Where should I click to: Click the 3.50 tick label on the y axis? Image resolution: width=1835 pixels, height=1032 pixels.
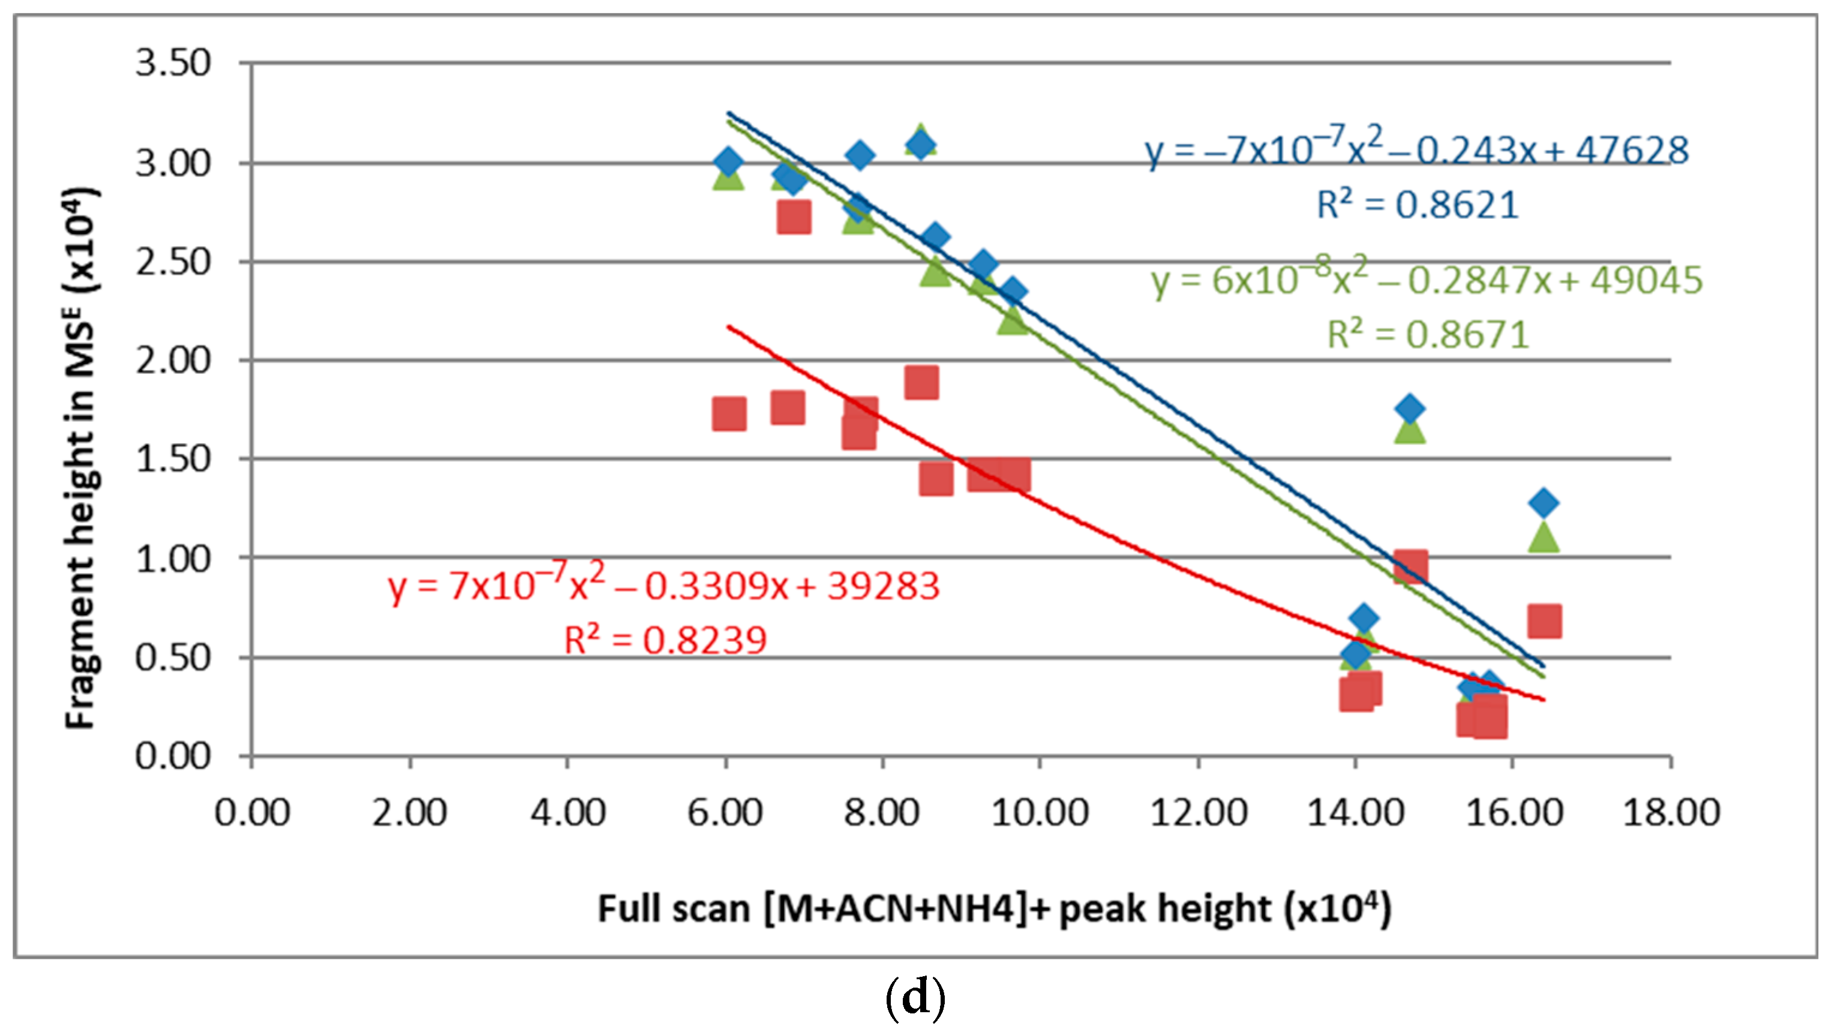click(173, 64)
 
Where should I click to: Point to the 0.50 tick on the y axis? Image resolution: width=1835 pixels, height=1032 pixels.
click(173, 657)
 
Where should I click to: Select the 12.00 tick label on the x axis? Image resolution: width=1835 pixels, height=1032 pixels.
click(1199, 813)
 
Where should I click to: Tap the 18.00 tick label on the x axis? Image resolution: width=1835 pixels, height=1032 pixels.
click(1671, 813)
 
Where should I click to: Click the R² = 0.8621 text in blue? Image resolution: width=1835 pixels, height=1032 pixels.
click(1417, 205)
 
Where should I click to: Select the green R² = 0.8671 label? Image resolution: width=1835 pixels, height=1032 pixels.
click(1428, 335)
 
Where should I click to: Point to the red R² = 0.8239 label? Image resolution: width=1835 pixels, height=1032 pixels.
click(665, 640)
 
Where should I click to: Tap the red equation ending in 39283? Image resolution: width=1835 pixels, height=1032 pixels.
click(664, 586)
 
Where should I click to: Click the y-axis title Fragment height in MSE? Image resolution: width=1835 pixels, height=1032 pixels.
click(82, 458)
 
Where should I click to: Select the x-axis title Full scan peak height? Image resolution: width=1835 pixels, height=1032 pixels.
click(994, 909)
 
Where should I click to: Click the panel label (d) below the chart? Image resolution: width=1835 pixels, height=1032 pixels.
click(915, 998)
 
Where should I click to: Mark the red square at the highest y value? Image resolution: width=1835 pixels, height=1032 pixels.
click(794, 217)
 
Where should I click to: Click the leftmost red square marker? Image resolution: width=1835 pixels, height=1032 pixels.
click(729, 414)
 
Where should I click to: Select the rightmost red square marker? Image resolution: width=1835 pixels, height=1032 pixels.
click(1544, 622)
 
